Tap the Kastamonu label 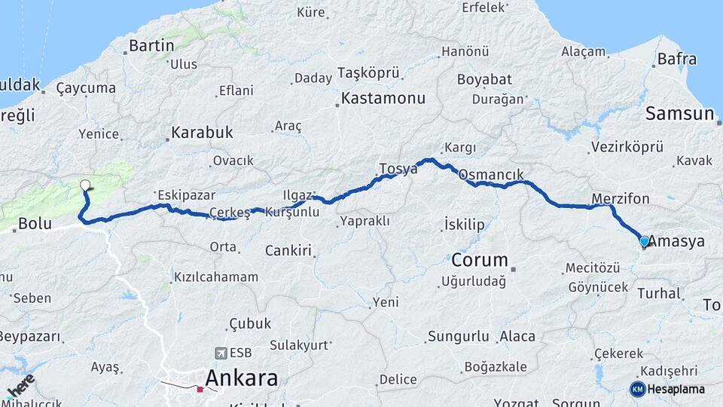tap(383, 98)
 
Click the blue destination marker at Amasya tap(645, 242)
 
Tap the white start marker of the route tap(85, 185)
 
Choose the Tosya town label tap(398, 169)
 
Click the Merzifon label tap(621, 199)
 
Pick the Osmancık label tap(491, 175)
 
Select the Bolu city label tap(35, 223)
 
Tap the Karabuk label tap(202, 133)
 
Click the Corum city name tap(480, 261)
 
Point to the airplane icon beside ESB tap(220, 353)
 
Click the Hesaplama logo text tap(676, 389)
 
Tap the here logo tap(20, 385)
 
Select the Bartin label tap(151, 45)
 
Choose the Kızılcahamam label tap(215, 277)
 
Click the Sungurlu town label tap(459, 336)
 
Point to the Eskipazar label tap(185, 194)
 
